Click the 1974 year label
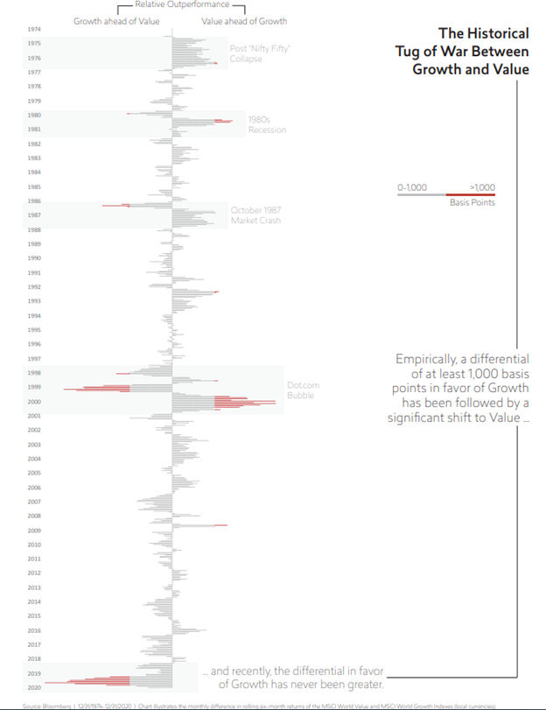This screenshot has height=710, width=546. pos(34,29)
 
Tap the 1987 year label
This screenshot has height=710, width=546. pos(34,215)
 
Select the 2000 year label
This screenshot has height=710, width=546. pos(34,402)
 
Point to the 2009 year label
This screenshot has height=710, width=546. pos(34,531)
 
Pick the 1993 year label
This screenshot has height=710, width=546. pos(34,301)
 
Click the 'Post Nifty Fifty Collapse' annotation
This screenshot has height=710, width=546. pos(258,53)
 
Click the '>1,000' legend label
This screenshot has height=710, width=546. pos(482,186)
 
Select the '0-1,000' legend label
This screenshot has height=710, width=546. pos(411,186)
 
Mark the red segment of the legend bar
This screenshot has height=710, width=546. pos(470,194)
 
